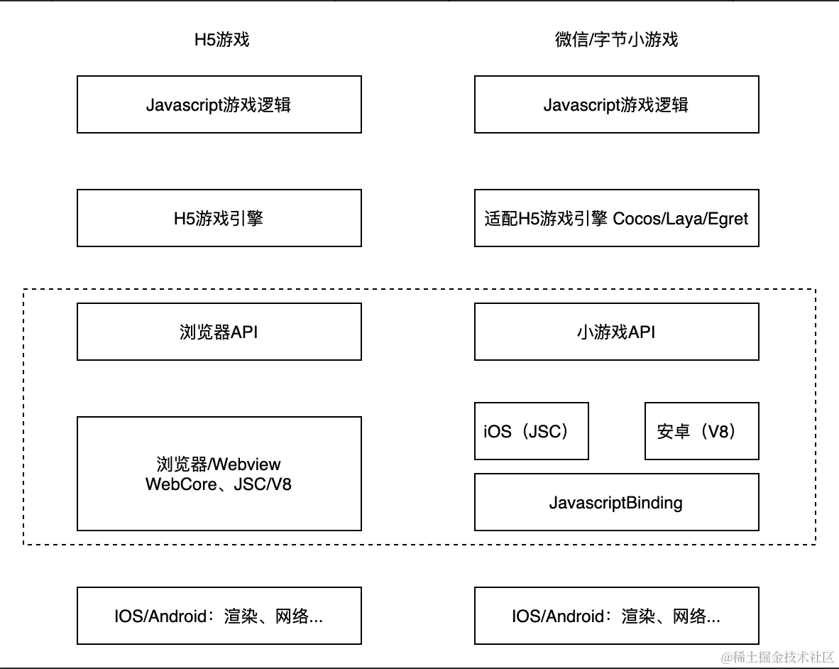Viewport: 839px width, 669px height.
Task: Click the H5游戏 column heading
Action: point(222,39)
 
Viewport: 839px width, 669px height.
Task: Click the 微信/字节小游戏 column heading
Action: point(616,39)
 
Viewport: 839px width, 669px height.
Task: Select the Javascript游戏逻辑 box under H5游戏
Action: point(219,104)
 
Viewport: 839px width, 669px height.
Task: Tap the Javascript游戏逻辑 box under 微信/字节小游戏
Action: point(616,104)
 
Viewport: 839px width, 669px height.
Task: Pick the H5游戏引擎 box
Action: point(219,218)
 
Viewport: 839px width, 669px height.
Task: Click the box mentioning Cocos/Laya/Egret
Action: point(616,218)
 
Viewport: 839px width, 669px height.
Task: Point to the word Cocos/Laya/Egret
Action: point(680,218)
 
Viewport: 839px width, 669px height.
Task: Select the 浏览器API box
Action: point(219,332)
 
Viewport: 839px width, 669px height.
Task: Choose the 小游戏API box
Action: point(616,332)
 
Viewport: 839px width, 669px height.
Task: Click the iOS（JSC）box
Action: point(531,431)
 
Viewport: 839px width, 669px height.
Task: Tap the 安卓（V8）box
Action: point(701,431)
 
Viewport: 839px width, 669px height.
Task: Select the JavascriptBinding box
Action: point(616,503)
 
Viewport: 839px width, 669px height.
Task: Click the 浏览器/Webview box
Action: point(219,474)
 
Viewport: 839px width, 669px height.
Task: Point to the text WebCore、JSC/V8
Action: point(219,484)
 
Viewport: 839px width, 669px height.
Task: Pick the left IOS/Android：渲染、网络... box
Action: point(219,616)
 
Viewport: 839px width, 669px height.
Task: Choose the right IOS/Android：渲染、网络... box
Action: point(616,616)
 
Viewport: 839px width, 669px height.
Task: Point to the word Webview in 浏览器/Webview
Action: point(246,464)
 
